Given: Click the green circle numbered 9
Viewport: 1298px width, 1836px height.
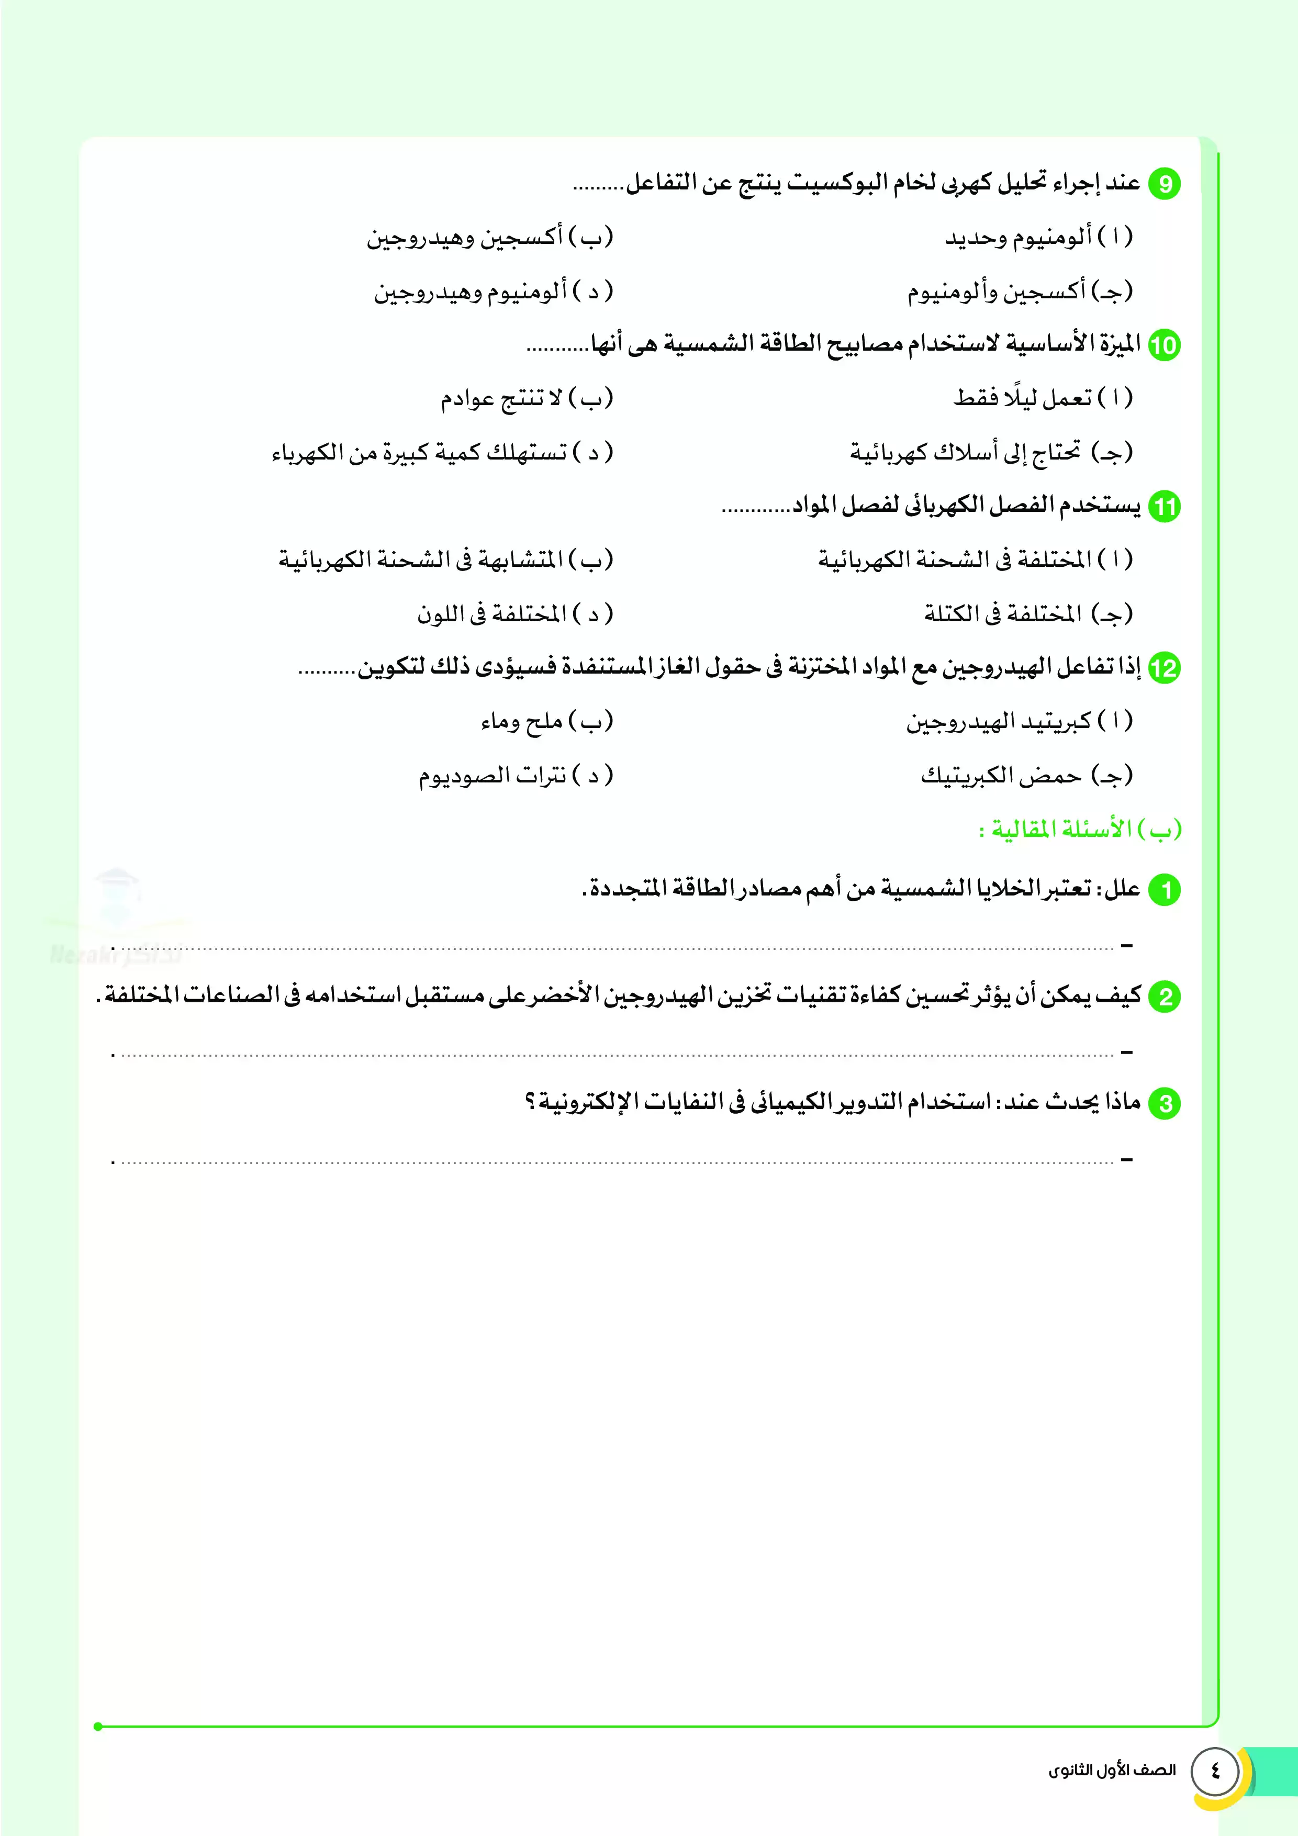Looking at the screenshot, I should (x=1165, y=184).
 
